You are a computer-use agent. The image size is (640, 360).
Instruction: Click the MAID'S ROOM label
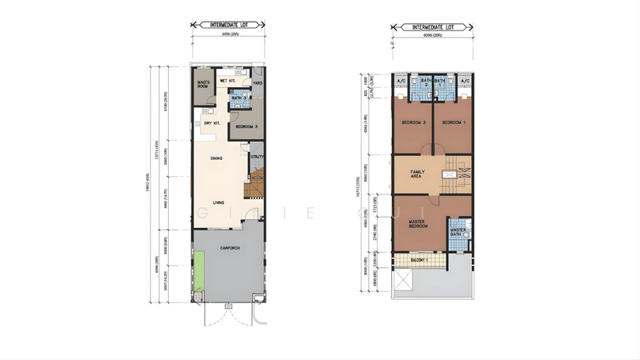[203, 83]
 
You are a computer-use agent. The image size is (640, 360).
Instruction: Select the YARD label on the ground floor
[257, 82]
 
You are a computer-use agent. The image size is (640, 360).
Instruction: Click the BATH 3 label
[239, 98]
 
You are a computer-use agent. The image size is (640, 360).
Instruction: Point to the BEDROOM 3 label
[246, 126]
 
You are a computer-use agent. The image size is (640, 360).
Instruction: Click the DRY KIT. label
[212, 122]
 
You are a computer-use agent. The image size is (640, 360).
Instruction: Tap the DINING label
[216, 158]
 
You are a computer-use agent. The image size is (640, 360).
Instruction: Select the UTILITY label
[257, 157]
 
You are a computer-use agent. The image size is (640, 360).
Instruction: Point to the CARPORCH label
[230, 249]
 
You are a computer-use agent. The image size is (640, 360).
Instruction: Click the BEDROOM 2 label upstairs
[413, 122]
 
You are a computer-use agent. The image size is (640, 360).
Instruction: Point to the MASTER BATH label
[458, 232]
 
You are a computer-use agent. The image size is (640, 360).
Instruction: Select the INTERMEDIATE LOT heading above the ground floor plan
[229, 26]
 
